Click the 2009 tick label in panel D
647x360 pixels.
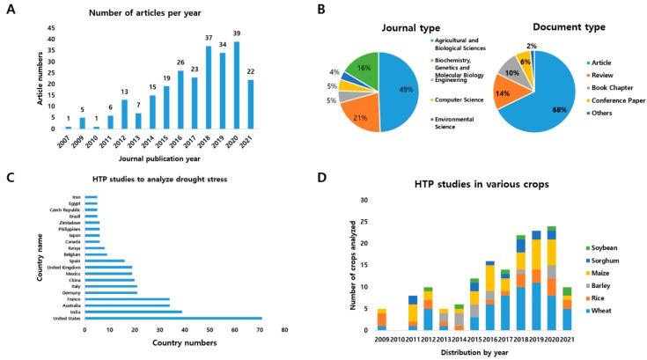382,338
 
